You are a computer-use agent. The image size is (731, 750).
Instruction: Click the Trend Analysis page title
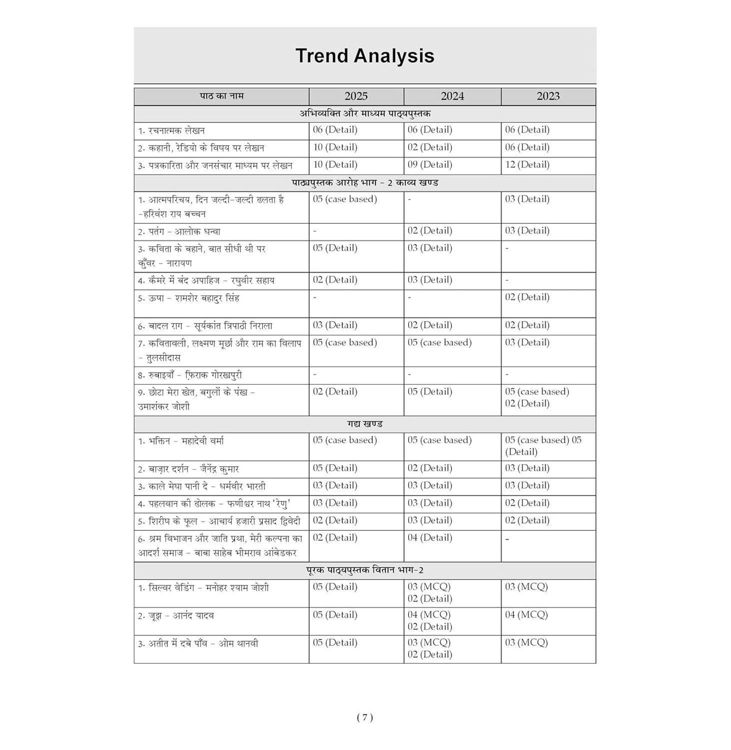click(x=365, y=55)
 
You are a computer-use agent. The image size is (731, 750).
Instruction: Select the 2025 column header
click(x=356, y=96)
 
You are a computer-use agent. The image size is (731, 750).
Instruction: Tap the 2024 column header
click(x=452, y=96)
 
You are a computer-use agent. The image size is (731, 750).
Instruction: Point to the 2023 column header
click(x=548, y=96)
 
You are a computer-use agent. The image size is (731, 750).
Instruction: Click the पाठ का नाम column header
click(x=221, y=96)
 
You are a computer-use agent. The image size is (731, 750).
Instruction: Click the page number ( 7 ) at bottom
click(x=365, y=717)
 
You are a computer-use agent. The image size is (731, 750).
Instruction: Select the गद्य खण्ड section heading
click(x=365, y=424)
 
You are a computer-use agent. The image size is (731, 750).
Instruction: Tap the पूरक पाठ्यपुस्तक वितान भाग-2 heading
click(x=365, y=570)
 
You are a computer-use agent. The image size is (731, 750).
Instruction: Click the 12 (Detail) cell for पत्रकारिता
click(x=527, y=164)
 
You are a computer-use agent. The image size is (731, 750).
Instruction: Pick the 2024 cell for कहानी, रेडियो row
click(x=430, y=147)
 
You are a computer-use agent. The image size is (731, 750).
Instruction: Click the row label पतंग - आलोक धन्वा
click(x=179, y=231)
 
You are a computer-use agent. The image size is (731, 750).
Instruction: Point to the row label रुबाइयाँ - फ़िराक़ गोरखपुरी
click(x=190, y=375)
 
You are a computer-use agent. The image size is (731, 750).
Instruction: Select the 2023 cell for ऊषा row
click(x=527, y=297)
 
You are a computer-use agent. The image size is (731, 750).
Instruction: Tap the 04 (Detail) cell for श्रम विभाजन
click(x=430, y=538)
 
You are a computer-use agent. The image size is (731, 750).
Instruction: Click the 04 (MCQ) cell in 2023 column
click(x=526, y=615)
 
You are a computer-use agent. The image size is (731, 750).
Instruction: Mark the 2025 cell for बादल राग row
click(x=335, y=325)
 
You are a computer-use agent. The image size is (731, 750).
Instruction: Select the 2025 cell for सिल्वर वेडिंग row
click(x=335, y=587)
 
